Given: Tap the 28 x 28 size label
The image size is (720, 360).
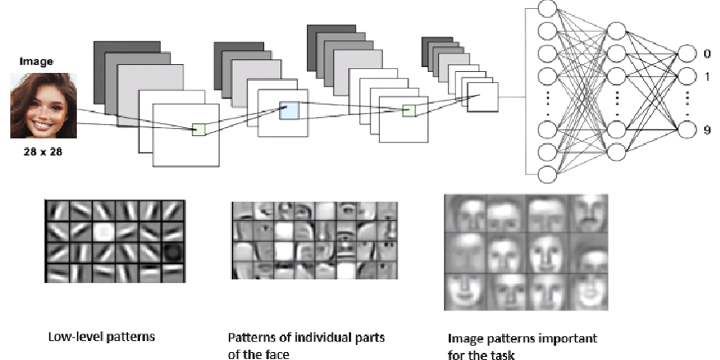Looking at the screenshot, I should [39, 150].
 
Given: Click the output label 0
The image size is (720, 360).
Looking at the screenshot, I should [707, 54].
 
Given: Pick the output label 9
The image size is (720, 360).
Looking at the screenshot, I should [707, 129].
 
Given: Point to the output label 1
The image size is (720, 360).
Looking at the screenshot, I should [707, 76].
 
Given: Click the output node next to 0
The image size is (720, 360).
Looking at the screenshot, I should [686, 54].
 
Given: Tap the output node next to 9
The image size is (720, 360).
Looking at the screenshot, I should [686, 129].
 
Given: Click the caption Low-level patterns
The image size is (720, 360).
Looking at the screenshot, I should [101, 337].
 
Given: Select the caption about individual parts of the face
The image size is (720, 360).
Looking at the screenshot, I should [306, 345].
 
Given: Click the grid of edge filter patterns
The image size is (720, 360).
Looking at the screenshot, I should [114, 241].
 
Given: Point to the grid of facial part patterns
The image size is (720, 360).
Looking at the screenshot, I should [313, 240].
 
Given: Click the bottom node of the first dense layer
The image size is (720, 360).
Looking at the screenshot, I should [548, 174].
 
